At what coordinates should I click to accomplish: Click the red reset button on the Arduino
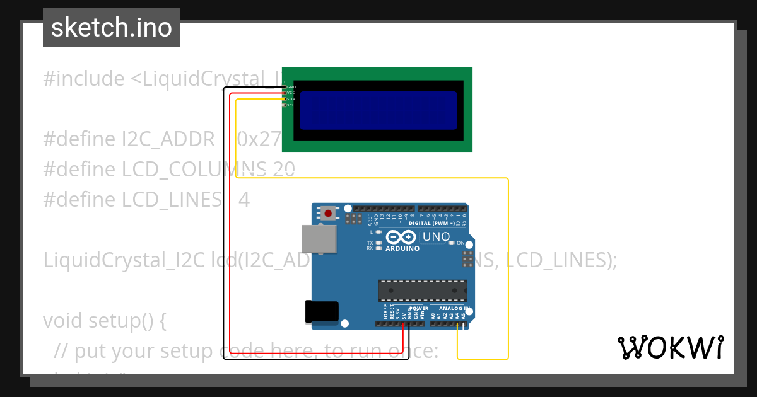[328, 214]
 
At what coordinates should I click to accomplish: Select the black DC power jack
[322, 311]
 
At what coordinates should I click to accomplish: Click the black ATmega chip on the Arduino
[423, 290]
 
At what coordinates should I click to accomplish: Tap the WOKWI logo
[671, 347]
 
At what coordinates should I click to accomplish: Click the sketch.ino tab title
[112, 28]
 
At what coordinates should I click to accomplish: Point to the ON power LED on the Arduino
[452, 243]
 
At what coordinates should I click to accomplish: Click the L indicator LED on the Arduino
[379, 232]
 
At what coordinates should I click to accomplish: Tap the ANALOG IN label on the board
[450, 309]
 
